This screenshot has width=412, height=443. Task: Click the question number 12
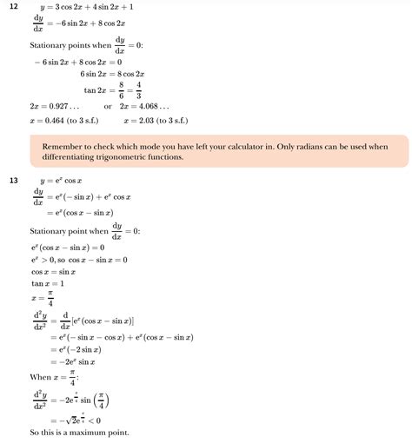click(12, 7)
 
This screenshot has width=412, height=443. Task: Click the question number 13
click(12, 182)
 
